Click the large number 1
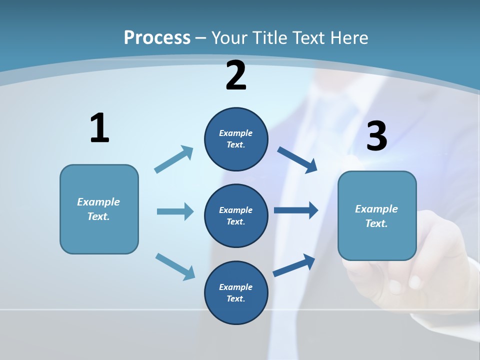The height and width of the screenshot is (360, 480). tap(99, 128)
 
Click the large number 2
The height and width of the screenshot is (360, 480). tap(236, 76)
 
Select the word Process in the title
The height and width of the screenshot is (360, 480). tap(157, 37)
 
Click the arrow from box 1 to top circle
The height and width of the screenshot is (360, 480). tap(174, 159)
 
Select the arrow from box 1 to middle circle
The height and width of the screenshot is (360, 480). tap(175, 211)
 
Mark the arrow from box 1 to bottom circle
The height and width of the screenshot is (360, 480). tap(175, 266)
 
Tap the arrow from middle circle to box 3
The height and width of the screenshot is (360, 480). tap(296, 210)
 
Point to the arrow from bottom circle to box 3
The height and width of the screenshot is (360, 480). tap(294, 265)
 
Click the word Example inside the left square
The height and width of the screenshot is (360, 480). tap(98, 202)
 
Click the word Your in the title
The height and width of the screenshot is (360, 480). tap(228, 37)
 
